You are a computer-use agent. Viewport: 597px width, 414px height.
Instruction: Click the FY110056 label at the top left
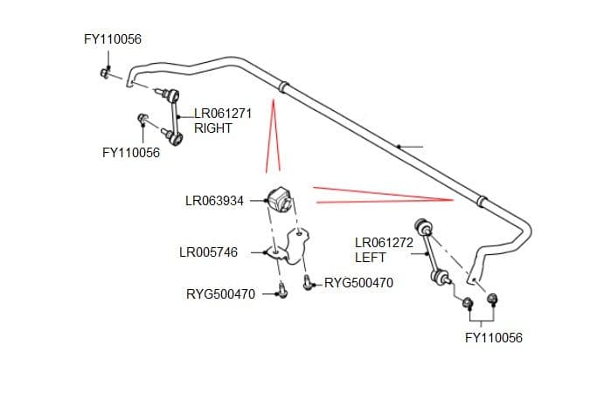click(x=113, y=39)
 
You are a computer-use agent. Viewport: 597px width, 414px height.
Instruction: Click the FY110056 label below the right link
click(x=131, y=153)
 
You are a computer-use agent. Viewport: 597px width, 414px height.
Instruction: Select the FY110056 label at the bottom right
click(x=494, y=338)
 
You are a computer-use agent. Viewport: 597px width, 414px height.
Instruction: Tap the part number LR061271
click(x=223, y=114)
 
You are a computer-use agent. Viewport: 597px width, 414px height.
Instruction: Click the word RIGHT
click(x=212, y=128)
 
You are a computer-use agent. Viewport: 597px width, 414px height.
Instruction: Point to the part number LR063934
click(x=214, y=201)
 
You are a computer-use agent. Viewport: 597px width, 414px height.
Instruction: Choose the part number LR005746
click(x=209, y=252)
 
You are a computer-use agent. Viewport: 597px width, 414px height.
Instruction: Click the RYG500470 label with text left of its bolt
click(x=221, y=294)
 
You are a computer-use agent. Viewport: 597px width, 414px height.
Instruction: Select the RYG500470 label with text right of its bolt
click(x=358, y=283)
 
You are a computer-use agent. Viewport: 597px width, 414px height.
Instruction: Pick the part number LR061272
click(x=385, y=243)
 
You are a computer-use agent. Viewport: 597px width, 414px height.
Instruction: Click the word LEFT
click(x=370, y=258)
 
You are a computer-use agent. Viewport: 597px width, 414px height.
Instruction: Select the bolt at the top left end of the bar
click(x=106, y=73)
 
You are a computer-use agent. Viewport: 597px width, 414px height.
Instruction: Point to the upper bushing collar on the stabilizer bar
click(x=284, y=86)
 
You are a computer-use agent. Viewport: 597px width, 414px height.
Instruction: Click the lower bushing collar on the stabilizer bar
click(x=482, y=201)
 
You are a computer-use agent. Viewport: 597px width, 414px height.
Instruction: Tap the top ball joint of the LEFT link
click(x=423, y=226)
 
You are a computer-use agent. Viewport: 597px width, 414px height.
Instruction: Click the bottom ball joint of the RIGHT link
click(x=176, y=138)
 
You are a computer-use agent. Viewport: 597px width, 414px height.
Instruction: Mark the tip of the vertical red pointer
click(x=273, y=100)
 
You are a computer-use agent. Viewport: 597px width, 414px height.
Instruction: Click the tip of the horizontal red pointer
click(x=453, y=199)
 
